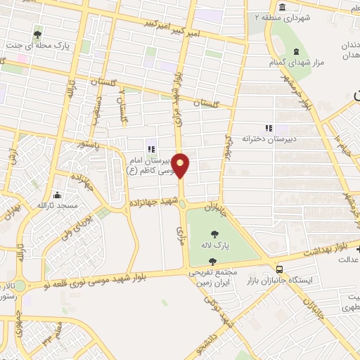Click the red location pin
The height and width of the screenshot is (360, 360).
click(181, 165)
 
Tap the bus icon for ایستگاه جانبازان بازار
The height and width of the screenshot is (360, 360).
click(280, 269)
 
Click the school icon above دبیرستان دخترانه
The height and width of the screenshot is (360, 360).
click(267, 127)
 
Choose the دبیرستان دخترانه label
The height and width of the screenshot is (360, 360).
click(275, 139)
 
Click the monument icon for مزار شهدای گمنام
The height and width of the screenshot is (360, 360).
click(295, 51)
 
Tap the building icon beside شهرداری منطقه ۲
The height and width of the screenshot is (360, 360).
click(282, 7)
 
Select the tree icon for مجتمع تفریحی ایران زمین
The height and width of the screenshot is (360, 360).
click(212, 261)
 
